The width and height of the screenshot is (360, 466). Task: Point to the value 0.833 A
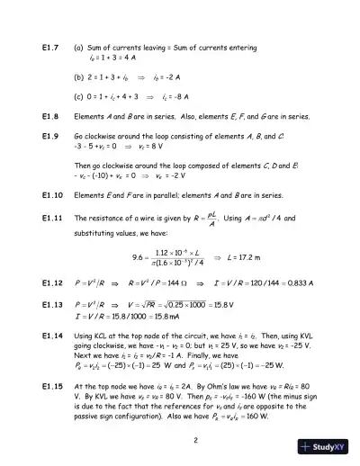coord(278,282)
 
